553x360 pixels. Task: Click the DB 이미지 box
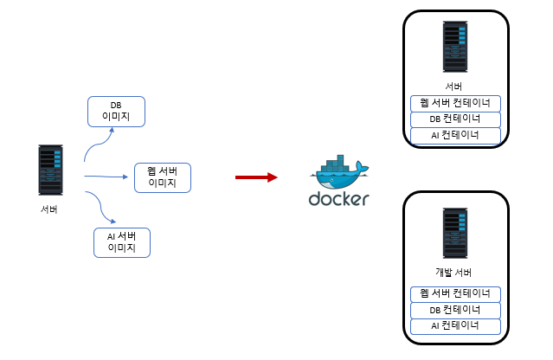point(117,111)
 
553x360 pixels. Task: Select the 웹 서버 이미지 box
point(162,177)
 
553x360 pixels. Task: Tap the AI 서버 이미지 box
point(122,242)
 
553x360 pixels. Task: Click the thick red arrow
point(256,177)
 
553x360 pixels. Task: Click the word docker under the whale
point(339,199)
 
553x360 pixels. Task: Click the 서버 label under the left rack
point(50,210)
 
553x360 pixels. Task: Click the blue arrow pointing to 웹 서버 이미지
point(108,177)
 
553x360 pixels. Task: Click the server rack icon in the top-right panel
point(455,48)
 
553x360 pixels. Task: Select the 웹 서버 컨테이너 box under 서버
point(455,103)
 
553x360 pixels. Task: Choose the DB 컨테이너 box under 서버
point(455,119)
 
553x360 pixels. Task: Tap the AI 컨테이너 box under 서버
point(455,136)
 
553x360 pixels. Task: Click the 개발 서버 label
point(455,273)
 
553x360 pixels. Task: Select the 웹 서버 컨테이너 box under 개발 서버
point(455,292)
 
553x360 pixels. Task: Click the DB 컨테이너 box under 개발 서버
point(455,310)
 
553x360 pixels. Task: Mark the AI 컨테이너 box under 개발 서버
point(455,326)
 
